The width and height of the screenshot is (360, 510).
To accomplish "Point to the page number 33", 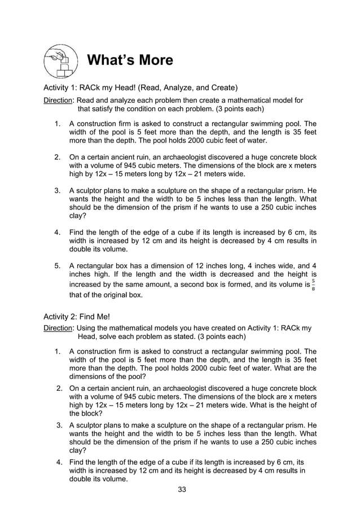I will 182,489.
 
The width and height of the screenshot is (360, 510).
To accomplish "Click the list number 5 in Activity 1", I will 57,266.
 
